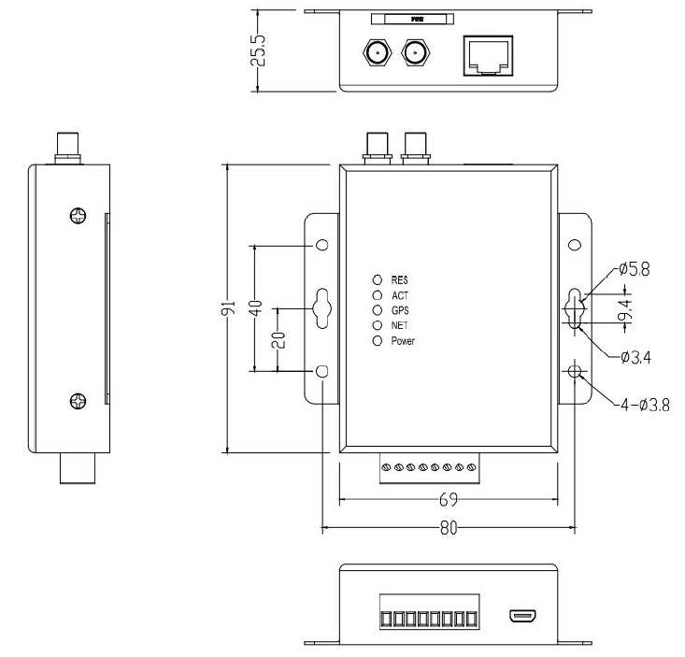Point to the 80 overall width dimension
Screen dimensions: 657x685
[x=449, y=528]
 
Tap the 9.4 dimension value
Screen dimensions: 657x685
[x=633, y=308]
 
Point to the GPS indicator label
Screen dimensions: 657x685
[x=400, y=310]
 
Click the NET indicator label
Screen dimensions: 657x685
[x=400, y=325]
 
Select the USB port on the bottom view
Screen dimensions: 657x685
[x=521, y=616]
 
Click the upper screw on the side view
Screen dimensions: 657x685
[x=79, y=216]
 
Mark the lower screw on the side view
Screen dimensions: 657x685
[x=79, y=402]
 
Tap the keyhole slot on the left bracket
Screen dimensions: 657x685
[x=322, y=307]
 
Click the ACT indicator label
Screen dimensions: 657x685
[x=400, y=295]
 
